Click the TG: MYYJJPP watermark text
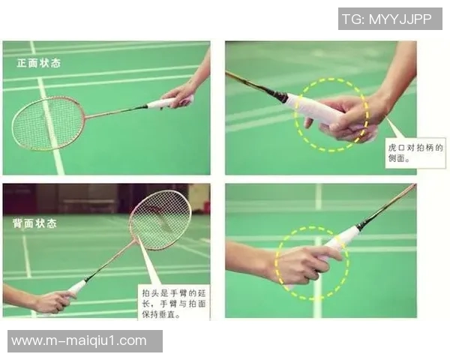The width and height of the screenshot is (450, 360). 387,19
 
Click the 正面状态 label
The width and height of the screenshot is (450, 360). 39,63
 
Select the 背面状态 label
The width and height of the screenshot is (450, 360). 34,223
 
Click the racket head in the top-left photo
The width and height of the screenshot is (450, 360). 48,123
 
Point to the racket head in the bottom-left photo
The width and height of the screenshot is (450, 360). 160,220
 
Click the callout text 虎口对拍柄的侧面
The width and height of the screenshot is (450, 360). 415,153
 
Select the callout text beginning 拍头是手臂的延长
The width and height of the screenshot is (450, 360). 174,304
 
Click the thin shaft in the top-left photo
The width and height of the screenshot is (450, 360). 115,112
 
